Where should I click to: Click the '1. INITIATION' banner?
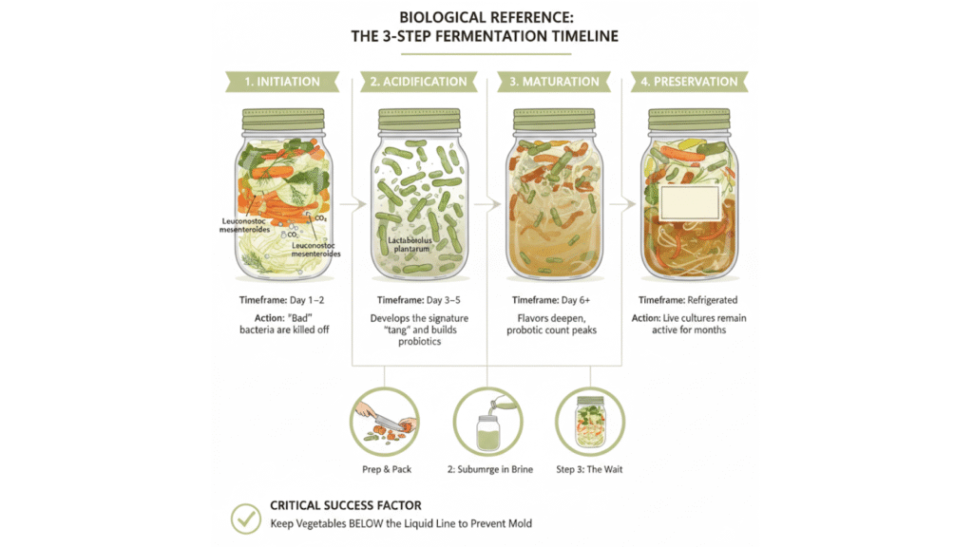[x=282, y=82]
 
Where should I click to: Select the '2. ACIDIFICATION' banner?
[x=419, y=82]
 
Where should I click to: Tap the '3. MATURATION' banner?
[x=554, y=82]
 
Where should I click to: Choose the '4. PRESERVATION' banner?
[x=690, y=82]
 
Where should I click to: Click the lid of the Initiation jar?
[x=283, y=119]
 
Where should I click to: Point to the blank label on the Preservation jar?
[x=690, y=203]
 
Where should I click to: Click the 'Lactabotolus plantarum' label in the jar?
[x=410, y=244]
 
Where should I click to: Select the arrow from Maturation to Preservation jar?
[x=622, y=203]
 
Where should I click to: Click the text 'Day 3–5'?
[x=444, y=300]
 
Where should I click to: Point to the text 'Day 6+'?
[x=576, y=300]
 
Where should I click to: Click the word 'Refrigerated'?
[x=712, y=300]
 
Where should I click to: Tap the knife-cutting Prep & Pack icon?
[x=385, y=422]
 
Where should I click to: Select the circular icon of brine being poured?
[x=487, y=422]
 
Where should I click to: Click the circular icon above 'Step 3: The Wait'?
[x=589, y=422]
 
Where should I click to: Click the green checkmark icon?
[x=246, y=519]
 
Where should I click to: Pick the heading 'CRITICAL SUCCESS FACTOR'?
[x=346, y=505]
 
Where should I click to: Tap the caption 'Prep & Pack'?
[x=387, y=469]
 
